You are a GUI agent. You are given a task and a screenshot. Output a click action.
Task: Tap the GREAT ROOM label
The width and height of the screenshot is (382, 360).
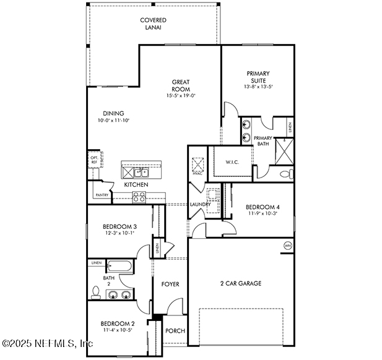coord(181,85)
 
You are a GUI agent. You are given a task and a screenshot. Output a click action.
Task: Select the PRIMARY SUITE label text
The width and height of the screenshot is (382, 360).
coord(258,77)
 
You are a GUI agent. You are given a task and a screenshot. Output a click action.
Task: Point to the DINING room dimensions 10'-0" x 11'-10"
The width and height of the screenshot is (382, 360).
coord(113,121)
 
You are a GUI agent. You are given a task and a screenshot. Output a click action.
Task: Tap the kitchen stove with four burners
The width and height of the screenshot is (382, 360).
coord(139,197)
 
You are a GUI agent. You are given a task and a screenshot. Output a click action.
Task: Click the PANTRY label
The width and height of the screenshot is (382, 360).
coord(103,195)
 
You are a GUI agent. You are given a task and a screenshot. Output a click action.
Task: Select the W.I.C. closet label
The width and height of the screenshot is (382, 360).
coord(232,163)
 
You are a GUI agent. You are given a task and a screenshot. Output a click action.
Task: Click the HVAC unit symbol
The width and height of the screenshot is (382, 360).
coord(198,165)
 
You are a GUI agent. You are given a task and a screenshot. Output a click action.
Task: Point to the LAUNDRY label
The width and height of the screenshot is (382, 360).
coord(200,204)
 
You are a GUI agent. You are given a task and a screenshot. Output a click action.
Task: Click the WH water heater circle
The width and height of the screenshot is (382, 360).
coord(287,246)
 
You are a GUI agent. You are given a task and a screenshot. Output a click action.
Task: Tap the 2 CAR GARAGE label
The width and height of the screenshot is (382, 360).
coord(240,283)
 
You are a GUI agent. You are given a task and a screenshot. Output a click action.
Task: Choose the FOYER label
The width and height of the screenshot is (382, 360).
coord(170,285)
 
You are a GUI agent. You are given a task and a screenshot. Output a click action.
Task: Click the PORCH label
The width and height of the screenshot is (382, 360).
coord(175,331)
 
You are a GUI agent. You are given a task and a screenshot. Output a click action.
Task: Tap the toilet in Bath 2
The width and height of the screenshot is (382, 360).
coord(96,291)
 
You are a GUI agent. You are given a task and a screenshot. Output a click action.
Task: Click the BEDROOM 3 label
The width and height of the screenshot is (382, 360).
coord(119,227)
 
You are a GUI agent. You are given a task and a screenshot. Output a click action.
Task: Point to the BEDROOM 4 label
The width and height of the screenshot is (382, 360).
coord(263,207)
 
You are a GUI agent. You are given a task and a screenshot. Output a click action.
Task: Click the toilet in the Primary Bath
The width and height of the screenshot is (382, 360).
coord(284,174)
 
